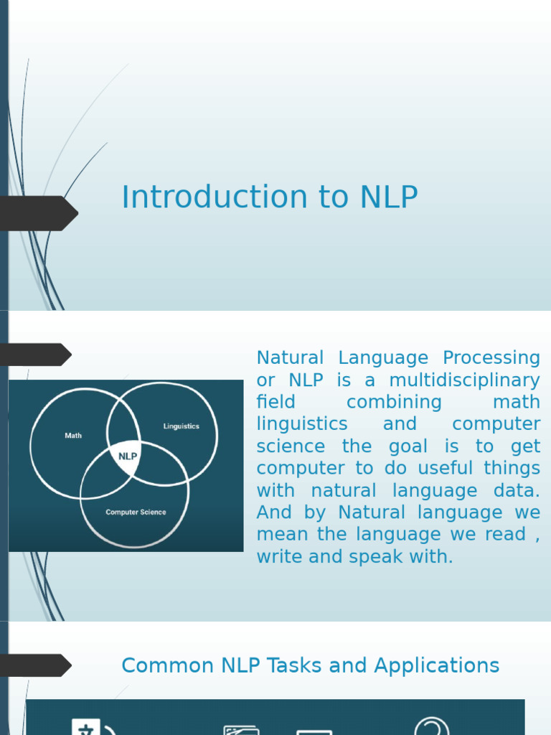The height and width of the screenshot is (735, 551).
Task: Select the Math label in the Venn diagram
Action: click(x=73, y=436)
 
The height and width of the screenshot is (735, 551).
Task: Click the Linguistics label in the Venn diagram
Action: click(x=181, y=426)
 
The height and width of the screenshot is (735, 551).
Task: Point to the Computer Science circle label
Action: click(x=136, y=512)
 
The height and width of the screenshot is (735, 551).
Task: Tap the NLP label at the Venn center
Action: click(x=128, y=456)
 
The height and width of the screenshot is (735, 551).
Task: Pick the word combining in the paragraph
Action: click(x=394, y=402)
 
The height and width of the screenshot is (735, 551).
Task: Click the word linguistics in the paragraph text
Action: click(x=302, y=424)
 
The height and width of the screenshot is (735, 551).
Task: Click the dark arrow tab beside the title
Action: click(x=39, y=213)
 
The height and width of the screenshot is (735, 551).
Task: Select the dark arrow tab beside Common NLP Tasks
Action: click(x=36, y=665)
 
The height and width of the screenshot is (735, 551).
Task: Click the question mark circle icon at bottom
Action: click(x=432, y=726)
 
